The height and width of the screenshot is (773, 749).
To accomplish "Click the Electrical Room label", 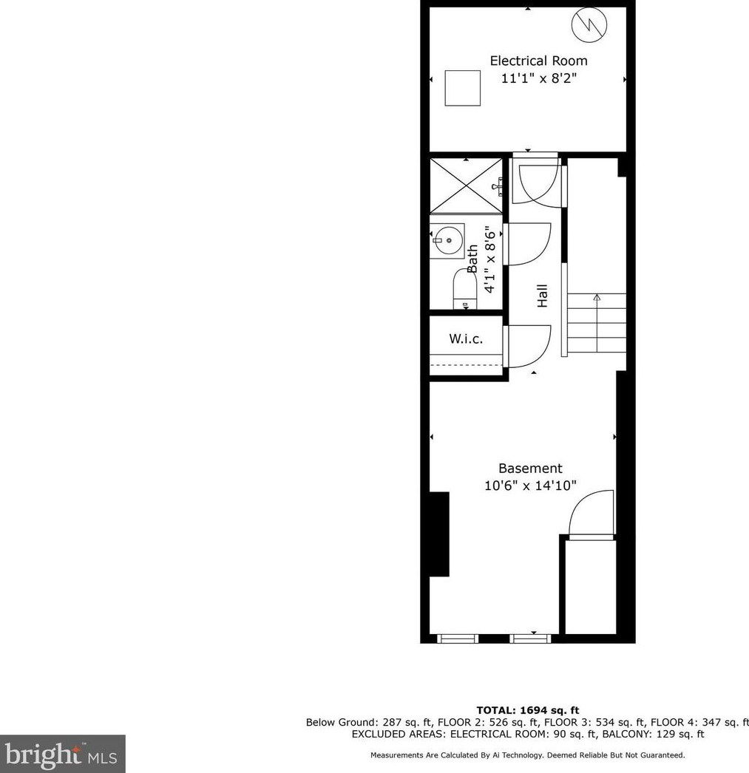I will [x=538, y=61].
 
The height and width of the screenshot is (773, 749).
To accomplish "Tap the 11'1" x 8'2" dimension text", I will [x=538, y=78].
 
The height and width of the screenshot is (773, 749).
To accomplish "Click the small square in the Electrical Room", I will [x=462, y=88].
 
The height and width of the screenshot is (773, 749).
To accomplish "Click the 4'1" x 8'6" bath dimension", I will [x=489, y=260].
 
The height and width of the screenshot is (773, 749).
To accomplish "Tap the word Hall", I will [x=543, y=296].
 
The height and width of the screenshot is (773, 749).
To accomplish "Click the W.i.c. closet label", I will [x=466, y=339].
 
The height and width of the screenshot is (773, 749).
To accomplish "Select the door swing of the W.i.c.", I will [x=528, y=346].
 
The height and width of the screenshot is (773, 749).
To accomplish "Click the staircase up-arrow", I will [x=597, y=299].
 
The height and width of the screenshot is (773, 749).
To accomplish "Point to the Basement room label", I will [x=530, y=469].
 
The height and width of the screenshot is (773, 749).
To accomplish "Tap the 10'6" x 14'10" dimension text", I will [x=530, y=486].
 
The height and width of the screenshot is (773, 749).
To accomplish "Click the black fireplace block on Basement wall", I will [x=439, y=534].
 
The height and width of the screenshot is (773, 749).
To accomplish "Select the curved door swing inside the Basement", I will [x=592, y=513].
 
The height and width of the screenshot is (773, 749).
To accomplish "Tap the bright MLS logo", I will [x=62, y=754].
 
